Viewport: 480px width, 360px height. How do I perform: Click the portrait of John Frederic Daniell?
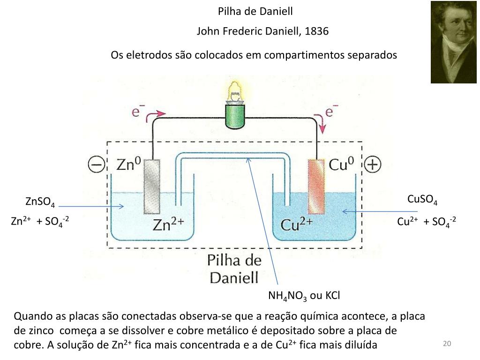tap(454, 42)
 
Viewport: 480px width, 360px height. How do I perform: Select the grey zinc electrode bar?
tap(152, 187)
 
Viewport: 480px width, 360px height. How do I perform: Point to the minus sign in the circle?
tap(96, 165)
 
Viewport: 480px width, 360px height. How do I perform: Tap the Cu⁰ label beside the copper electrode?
tap(341, 165)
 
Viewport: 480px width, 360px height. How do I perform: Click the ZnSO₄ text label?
tap(40, 202)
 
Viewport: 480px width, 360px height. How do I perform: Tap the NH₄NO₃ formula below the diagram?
tap(288, 296)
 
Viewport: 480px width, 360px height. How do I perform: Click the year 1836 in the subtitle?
tap(316, 31)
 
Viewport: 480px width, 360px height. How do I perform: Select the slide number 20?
tap(446, 344)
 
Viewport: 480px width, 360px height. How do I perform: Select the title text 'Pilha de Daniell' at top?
tap(255, 11)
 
